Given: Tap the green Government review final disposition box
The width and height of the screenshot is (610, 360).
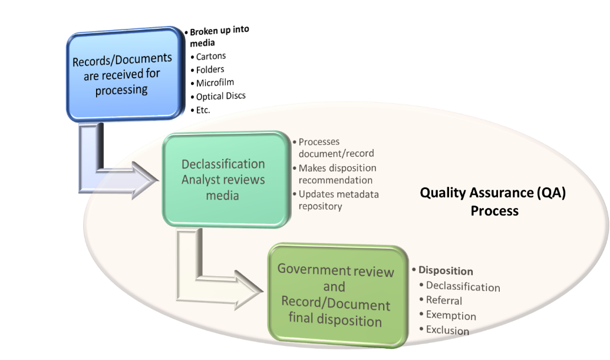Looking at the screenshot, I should (x=335, y=295).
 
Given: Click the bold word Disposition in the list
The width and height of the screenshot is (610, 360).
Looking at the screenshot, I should (x=446, y=271).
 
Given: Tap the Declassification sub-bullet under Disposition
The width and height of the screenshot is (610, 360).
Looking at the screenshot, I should (x=463, y=287).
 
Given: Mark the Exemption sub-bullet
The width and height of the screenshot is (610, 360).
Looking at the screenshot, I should (x=450, y=315).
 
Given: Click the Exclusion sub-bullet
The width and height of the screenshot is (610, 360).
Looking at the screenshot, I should (x=447, y=330).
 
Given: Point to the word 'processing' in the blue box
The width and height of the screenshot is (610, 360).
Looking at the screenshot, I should (x=122, y=90).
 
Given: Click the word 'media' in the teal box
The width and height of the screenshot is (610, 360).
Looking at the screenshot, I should (x=223, y=195).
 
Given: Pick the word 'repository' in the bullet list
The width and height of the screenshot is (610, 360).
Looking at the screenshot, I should (x=320, y=206).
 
